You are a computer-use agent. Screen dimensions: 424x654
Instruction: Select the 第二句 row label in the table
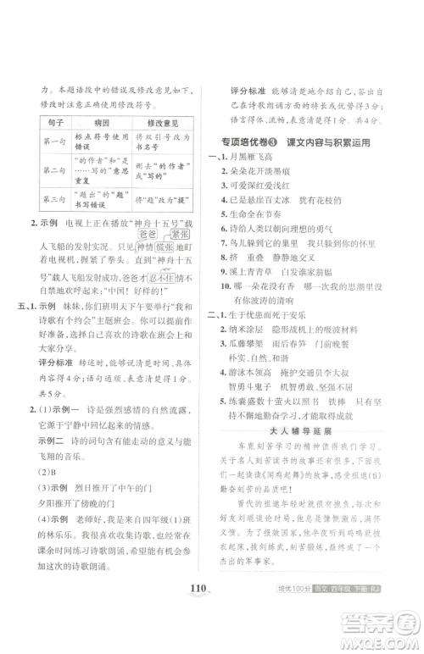(x=52, y=171)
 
